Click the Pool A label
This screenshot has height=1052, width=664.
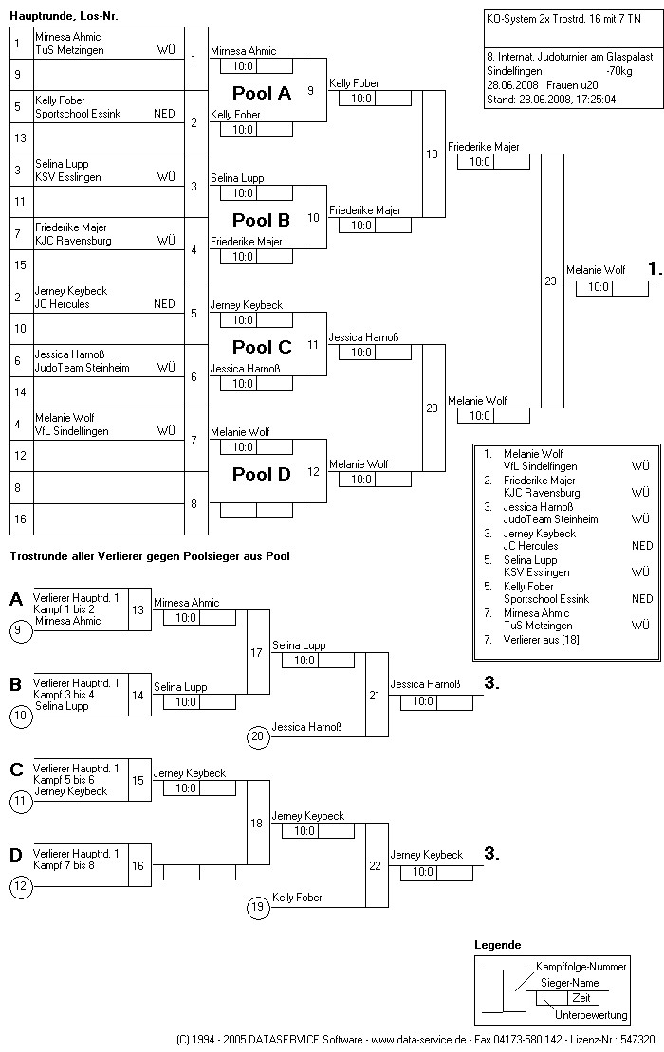click(262, 94)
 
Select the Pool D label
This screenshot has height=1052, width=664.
click(262, 474)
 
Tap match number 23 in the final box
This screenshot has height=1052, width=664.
click(550, 281)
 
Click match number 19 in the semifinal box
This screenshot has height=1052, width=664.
click(432, 154)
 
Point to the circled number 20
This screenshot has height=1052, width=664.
click(256, 735)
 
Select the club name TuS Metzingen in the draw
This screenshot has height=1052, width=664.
click(69, 50)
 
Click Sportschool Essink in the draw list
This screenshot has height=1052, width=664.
click(73, 114)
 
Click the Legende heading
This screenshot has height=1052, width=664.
click(497, 945)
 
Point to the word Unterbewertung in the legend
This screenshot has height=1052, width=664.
click(591, 1015)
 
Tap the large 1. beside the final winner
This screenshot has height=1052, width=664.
click(655, 269)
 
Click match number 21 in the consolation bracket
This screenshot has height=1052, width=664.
click(375, 695)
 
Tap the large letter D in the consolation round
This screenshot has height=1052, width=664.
click(16, 856)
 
